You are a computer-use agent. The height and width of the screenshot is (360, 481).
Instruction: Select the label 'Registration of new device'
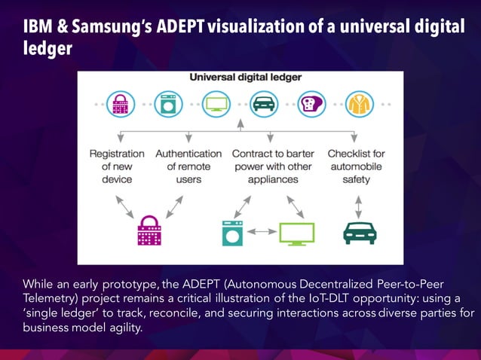tap(117, 166)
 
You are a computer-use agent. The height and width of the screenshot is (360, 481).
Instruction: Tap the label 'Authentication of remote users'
tap(188, 166)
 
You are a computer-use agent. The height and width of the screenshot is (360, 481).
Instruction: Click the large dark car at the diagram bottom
tap(360, 233)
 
